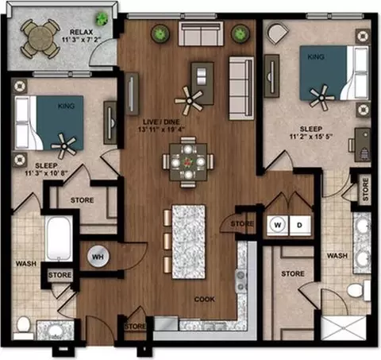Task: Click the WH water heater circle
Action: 98,257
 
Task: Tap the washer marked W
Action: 277,225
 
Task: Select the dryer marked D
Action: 300,225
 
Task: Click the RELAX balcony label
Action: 81,32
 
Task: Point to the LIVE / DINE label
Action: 161,122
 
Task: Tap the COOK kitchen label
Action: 204,300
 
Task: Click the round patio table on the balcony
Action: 40,39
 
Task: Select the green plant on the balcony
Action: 102,18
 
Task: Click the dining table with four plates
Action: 188,162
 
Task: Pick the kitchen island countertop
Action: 189,242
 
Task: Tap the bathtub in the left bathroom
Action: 59,238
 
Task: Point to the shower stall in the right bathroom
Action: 343,328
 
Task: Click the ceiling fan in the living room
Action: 189,101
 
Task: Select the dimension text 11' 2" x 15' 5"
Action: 311,137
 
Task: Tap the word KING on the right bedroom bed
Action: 316,56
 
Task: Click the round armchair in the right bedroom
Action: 278,33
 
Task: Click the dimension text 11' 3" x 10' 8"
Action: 46,173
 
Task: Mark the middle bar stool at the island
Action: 167,242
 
